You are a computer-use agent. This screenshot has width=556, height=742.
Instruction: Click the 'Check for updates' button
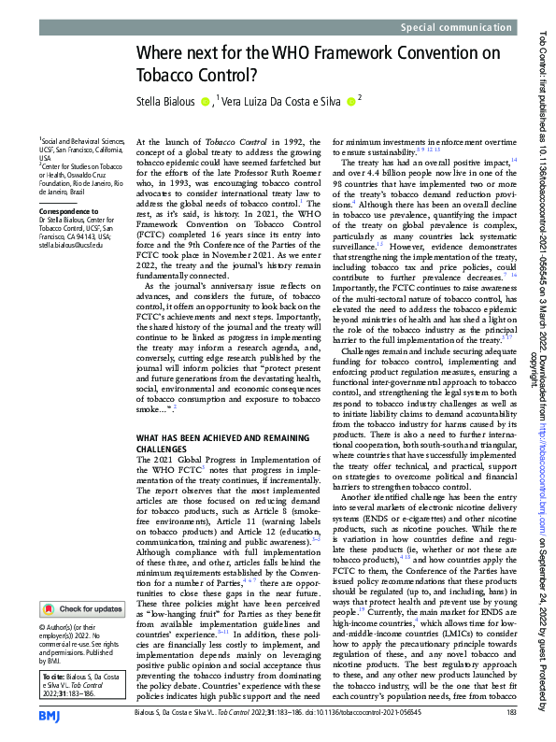point(84,608)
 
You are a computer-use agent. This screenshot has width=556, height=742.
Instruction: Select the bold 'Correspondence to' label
point(65,211)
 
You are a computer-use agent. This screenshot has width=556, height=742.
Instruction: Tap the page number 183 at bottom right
point(510,712)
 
